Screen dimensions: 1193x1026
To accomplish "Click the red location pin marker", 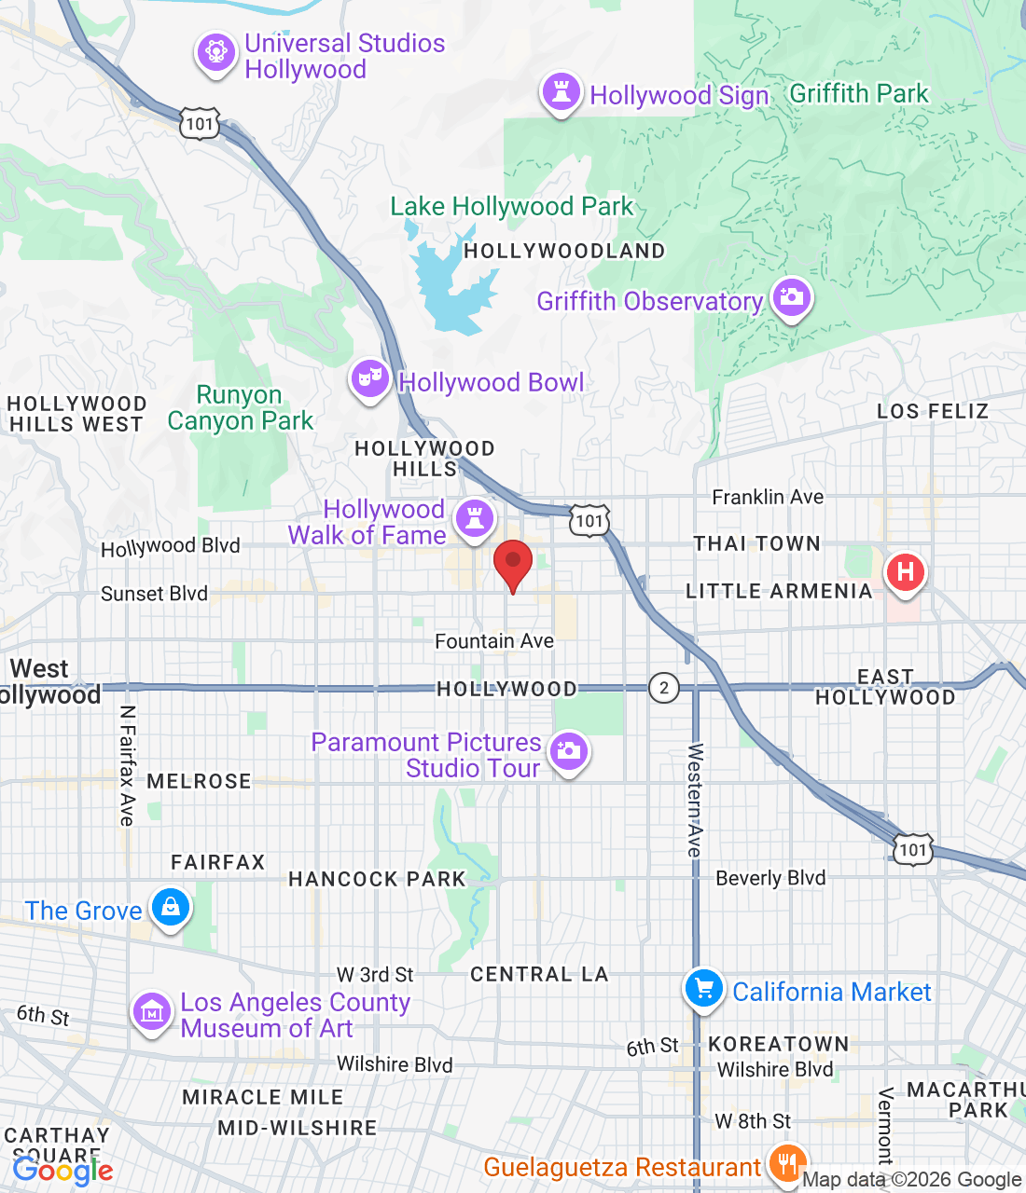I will point(512,563).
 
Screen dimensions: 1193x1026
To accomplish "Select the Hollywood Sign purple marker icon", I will point(562,93).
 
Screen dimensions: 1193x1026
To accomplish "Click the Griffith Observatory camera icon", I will point(791,298).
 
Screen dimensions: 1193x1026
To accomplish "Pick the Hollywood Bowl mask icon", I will point(370,379).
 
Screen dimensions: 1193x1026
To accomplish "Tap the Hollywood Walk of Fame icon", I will point(475,518).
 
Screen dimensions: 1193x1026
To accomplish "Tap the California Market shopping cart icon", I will point(704,990).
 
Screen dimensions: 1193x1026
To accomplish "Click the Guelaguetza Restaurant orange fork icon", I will point(787,1164).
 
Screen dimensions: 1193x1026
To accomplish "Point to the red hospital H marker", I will point(904,572).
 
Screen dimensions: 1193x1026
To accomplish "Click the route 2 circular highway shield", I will point(663,689).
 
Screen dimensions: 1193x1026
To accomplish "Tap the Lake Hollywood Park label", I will point(511,206).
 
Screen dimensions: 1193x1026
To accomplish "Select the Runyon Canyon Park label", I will point(241,408).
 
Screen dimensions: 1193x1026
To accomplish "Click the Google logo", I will point(63,1171).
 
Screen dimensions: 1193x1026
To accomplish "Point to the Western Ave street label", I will point(695,800).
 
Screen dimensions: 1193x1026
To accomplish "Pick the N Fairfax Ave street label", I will point(128,765).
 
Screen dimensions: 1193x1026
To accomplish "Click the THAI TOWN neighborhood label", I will point(756,543).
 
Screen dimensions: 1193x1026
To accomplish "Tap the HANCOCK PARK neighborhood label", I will point(377,879).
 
